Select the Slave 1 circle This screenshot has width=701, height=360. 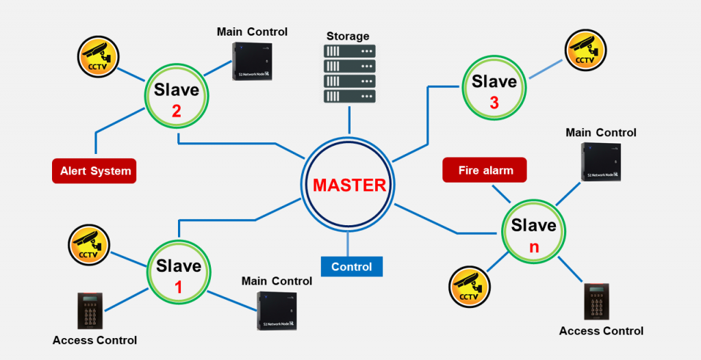click(x=179, y=275)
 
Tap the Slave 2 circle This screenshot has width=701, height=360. click(x=177, y=99)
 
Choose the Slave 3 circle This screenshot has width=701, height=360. click(x=494, y=90)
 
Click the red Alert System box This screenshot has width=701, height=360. click(x=94, y=171)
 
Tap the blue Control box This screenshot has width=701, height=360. click(x=352, y=266)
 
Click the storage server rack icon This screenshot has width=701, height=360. click(x=349, y=75)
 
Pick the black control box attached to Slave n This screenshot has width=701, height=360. click(x=601, y=162)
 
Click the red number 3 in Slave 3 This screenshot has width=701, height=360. click(x=494, y=103)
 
